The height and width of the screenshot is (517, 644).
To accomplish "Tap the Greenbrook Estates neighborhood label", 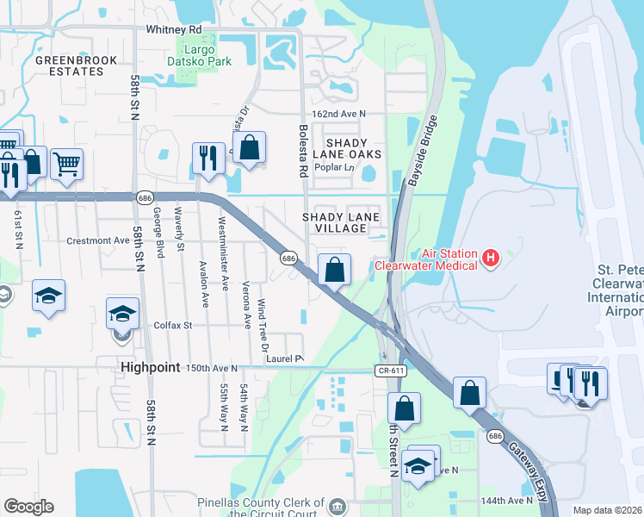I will [x=70, y=65].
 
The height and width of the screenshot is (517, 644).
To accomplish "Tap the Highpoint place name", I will [x=150, y=367].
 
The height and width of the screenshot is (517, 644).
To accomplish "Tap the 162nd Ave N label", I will [x=338, y=114].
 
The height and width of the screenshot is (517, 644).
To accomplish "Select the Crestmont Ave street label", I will [x=97, y=241].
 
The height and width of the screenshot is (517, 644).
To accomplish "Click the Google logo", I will [x=28, y=507].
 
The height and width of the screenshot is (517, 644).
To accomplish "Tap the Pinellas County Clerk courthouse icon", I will [x=337, y=505].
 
